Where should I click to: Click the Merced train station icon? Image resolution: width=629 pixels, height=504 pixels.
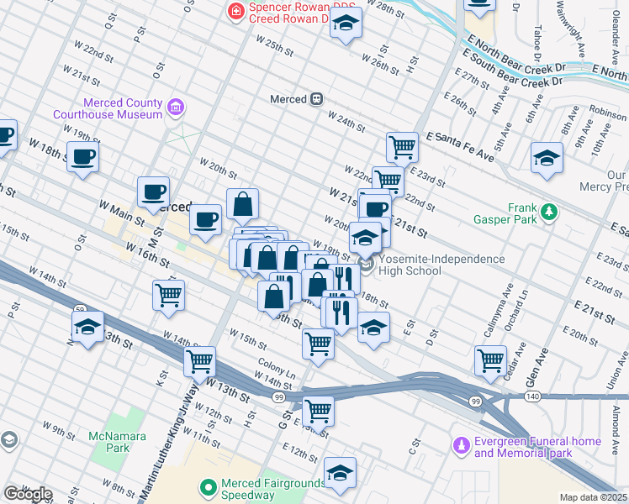317,98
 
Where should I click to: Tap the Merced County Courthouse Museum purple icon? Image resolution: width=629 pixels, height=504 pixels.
176,107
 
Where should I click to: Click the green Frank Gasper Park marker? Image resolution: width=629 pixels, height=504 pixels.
549,210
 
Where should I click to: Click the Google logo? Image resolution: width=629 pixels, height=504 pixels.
27,494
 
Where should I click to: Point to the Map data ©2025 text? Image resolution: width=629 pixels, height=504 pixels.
592,497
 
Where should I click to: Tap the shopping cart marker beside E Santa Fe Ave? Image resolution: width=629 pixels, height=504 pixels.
403,148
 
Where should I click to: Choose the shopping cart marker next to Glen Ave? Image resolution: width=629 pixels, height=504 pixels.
490,360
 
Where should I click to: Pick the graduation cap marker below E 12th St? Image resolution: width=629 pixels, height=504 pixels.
340,472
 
